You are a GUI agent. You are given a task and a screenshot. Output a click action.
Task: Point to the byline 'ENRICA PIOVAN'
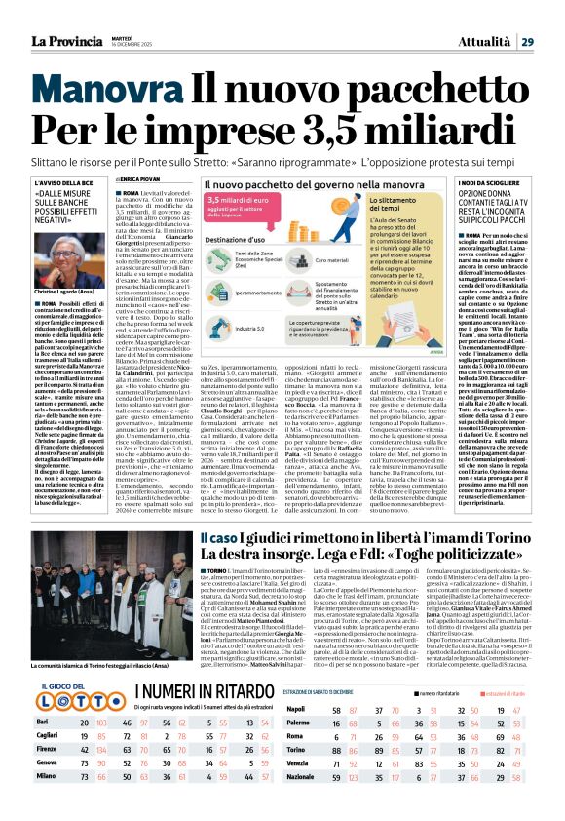coord(142,180)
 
